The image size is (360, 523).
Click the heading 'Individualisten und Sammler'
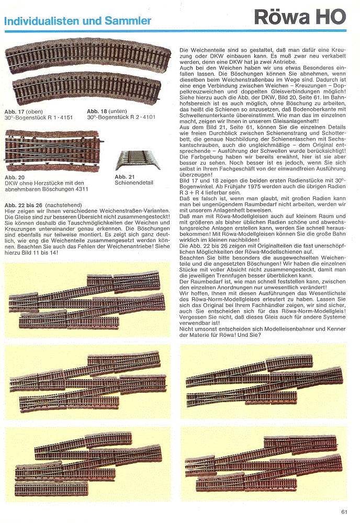(x=77, y=21)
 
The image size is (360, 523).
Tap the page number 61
(x=344, y=511)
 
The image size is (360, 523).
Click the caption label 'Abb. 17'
(x=14, y=112)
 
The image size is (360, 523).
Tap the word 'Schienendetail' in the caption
(x=134, y=183)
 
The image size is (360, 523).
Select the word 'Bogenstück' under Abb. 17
(x=29, y=118)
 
